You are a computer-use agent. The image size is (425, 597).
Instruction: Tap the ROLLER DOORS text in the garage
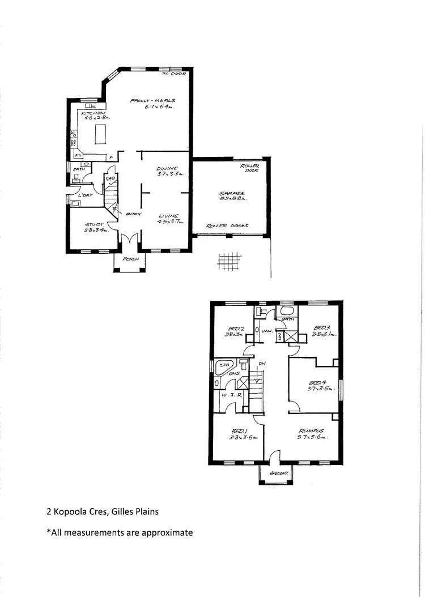(x=228, y=225)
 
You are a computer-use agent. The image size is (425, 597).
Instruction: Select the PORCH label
(x=130, y=259)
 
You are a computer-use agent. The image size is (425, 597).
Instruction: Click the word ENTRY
(x=134, y=214)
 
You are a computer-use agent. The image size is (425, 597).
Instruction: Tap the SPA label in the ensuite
(x=225, y=365)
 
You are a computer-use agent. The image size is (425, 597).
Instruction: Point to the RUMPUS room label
(x=311, y=430)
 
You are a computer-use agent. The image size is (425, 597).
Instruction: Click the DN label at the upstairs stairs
(x=261, y=364)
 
